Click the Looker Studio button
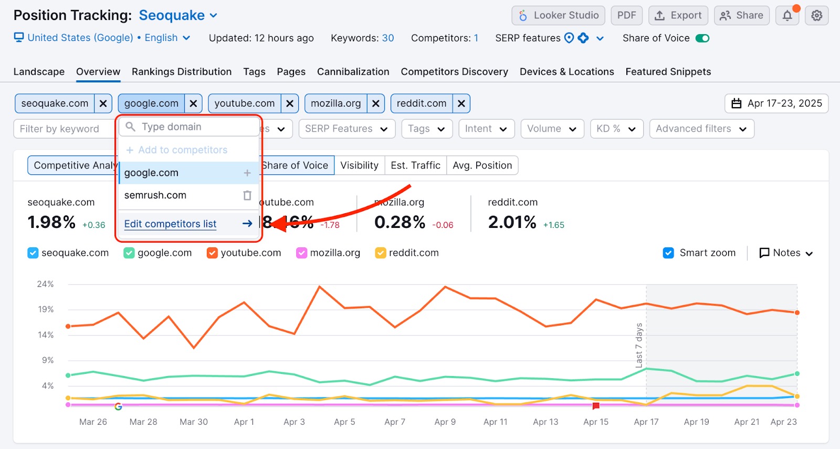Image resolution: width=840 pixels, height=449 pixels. coord(558,15)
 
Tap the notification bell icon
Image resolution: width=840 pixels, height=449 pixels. coord(787,16)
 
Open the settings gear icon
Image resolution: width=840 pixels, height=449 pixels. coord(816,16)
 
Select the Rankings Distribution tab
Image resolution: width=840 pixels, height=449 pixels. coord(182,71)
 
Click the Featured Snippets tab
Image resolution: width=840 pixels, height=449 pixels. coord(668,71)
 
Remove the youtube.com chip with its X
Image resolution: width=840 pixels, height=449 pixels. coord(289,103)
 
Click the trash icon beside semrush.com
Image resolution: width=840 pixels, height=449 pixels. coord(247,195)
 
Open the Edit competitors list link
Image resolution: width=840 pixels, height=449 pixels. coord(170,224)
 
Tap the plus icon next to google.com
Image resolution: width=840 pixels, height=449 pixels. coord(247,173)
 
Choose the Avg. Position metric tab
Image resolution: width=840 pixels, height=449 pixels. coord(482,165)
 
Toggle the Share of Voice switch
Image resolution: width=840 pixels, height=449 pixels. coord(702,38)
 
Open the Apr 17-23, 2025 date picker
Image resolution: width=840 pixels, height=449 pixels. coord(776,103)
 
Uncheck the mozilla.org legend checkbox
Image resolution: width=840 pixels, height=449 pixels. coord(301,253)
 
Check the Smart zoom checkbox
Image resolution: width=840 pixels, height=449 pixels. coord(668,253)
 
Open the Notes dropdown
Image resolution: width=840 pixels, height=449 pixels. coord(786,253)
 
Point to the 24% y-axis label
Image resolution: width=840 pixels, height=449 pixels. coord(45,284)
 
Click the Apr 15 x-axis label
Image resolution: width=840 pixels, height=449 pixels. coord(596,422)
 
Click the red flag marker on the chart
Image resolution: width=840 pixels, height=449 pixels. coord(596,406)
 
